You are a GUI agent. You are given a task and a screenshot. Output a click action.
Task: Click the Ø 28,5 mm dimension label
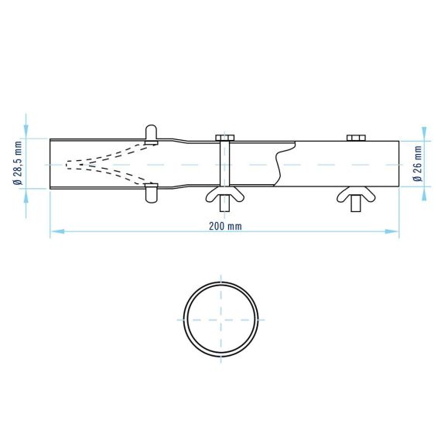tap(18, 163)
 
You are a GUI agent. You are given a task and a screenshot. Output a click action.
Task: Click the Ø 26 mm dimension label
tap(419, 164)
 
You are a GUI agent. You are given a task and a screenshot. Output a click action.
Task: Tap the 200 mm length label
tap(225, 226)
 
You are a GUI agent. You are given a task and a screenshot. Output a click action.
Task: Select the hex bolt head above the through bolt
tap(225, 138)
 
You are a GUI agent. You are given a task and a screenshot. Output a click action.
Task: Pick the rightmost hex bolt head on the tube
tap(356, 138)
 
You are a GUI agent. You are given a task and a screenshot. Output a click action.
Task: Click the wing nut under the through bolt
tap(225, 195)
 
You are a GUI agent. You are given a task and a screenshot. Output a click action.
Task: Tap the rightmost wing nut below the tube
tap(356, 195)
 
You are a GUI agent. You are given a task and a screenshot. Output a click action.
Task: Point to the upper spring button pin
tap(152, 135)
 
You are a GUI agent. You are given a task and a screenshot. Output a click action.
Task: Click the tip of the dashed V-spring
tap(67, 164)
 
